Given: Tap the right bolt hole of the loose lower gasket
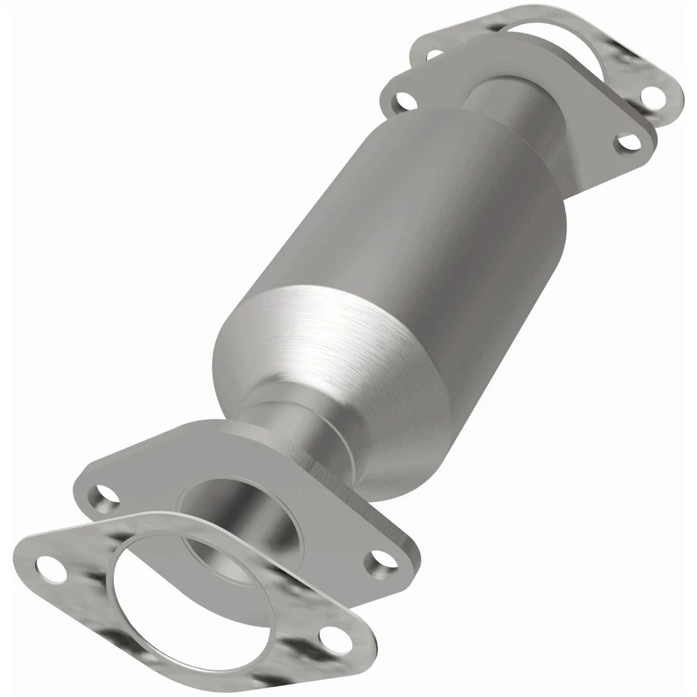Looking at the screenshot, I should pyautogui.click(x=332, y=639).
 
